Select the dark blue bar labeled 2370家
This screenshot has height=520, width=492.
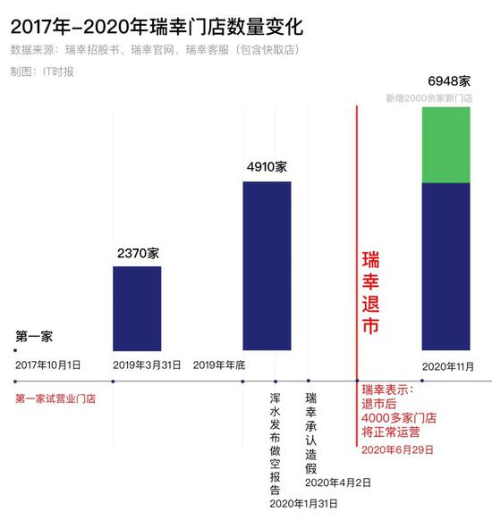pos(137,307)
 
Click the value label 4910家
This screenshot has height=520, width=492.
pos(267,167)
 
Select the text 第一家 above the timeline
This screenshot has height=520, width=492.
pos(34,337)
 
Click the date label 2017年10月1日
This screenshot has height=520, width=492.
pos(47,365)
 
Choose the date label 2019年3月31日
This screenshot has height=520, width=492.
pos(148,365)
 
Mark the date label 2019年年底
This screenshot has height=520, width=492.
pos(219,365)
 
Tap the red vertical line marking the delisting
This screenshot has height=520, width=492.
pos(357,223)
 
